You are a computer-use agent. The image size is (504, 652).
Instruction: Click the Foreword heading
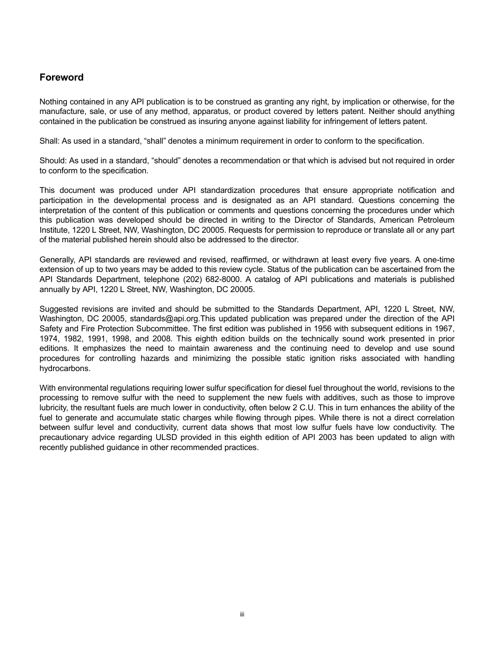pos(62,77)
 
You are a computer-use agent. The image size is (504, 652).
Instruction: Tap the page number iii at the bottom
pos(241,614)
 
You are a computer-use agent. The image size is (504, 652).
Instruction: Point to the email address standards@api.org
pos(164,319)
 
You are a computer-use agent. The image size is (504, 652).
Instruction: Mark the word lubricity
pos(54,408)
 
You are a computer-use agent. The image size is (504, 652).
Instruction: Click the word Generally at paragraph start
pos(57,260)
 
